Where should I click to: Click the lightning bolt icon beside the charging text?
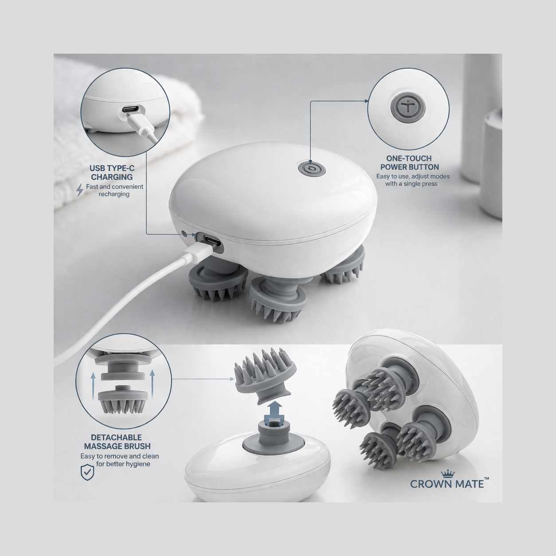(x=80, y=190)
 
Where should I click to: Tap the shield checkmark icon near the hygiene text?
(x=87, y=472)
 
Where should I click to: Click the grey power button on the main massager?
(x=311, y=168)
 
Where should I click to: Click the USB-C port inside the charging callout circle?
(x=130, y=109)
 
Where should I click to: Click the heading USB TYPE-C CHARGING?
(x=112, y=172)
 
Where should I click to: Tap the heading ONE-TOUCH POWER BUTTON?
(x=409, y=163)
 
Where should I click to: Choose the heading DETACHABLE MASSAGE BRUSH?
(x=117, y=442)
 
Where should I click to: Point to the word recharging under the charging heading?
(x=114, y=194)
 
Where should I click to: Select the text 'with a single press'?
(x=411, y=184)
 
